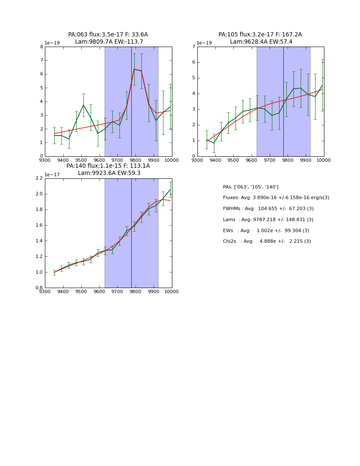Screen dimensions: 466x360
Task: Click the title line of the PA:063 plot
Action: tap(108, 35)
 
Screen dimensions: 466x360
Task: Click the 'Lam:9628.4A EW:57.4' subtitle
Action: tap(261, 42)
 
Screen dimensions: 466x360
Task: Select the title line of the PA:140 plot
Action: tap(108, 166)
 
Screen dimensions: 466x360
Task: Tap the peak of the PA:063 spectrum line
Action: tap(134, 69)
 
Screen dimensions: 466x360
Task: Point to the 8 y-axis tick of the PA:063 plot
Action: tap(42, 47)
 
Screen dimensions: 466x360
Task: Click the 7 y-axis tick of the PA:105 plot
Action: tap(194, 47)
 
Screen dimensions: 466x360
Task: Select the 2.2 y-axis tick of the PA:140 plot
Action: tap(39, 178)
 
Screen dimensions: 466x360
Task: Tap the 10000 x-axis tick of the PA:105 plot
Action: tap(324, 160)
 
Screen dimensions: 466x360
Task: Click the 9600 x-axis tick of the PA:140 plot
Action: tap(99, 291)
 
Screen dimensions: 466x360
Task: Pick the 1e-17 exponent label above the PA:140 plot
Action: tap(52, 175)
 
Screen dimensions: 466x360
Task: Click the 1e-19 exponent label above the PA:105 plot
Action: tap(204, 43)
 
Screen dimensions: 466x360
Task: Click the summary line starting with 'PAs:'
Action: tap(250, 187)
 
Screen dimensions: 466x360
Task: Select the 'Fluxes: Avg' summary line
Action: tap(276, 198)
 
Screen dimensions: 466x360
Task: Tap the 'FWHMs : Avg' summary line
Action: tap(268, 209)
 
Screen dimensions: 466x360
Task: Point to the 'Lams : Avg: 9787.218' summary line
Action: tap(268, 220)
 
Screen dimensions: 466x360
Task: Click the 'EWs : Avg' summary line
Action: tap(266, 231)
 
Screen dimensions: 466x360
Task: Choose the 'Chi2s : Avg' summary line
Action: tap(267, 241)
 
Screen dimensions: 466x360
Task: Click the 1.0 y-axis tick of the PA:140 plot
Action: tap(39, 272)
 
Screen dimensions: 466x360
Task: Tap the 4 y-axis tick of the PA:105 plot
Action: tap(194, 94)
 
